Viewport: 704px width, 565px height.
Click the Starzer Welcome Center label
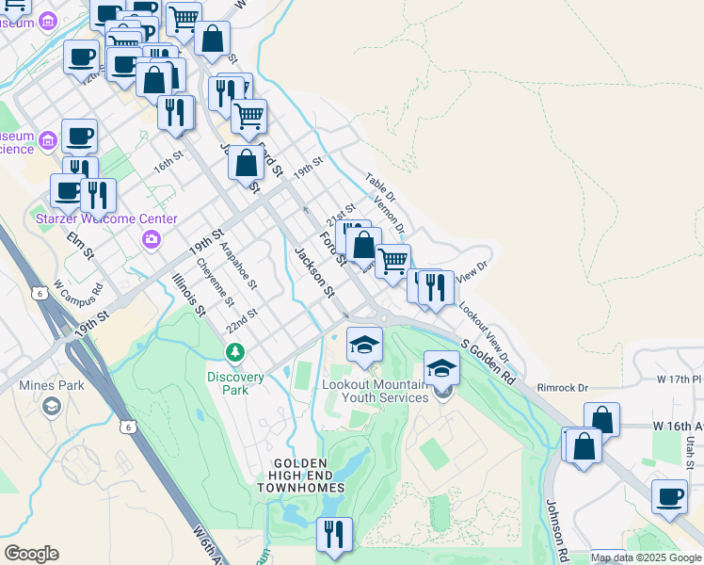[x=106, y=218]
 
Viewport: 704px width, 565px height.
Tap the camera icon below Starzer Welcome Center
[x=151, y=241]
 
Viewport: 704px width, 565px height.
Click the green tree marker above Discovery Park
[x=234, y=353]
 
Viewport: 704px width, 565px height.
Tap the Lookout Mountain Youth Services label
[x=376, y=391]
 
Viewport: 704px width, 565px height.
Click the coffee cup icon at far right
[x=670, y=497]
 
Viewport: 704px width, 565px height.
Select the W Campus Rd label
[x=75, y=289]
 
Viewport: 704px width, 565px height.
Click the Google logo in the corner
[x=30, y=554]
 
